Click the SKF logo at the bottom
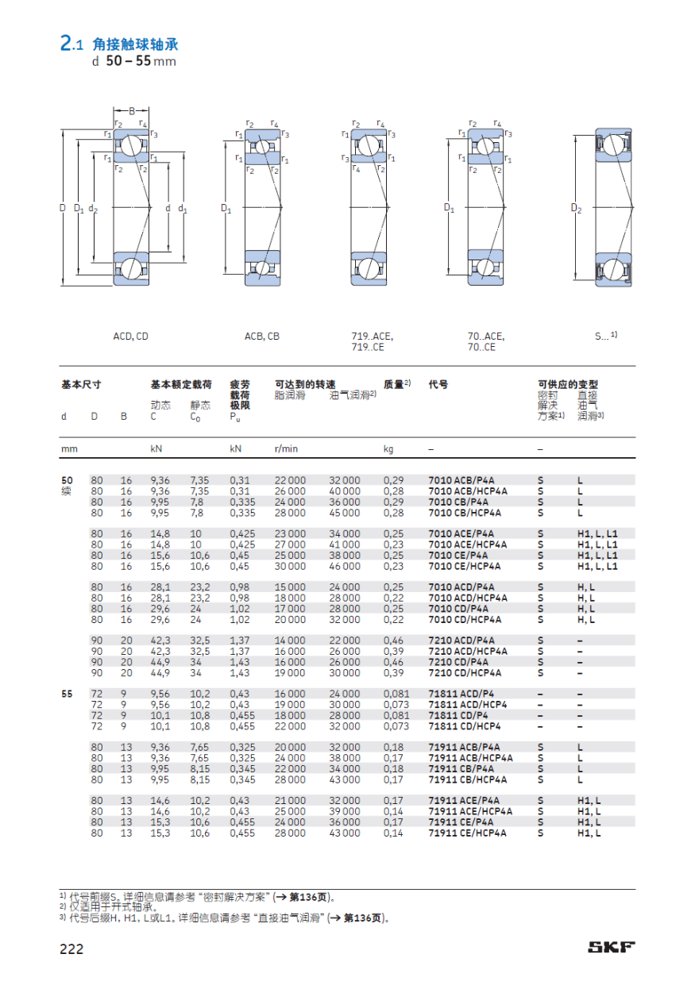click(x=611, y=947)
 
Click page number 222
click(x=71, y=948)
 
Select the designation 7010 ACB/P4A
click(x=461, y=480)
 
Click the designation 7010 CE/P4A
click(x=458, y=556)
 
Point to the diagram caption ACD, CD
click(x=130, y=337)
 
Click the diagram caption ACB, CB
click(x=261, y=337)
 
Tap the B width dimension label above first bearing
click(x=132, y=110)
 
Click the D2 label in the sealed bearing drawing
click(x=577, y=209)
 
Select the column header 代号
click(x=438, y=385)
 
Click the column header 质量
click(x=396, y=385)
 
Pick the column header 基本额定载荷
click(x=181, y=385)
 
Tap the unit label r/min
click(x=286, y=449)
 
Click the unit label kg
click(x=388, y=449)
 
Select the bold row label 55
click(x=67, y=694)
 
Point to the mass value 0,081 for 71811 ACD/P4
click(x=396, y=694)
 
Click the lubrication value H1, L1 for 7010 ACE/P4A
click(x=597, y=534)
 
